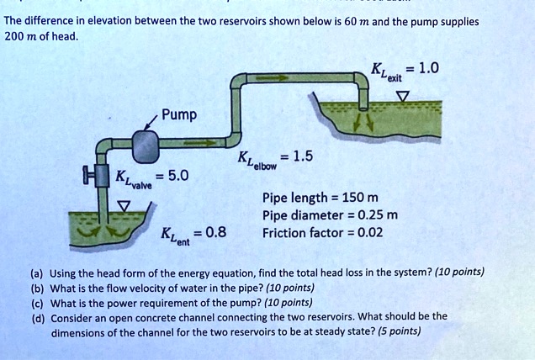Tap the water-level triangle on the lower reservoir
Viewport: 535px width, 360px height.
click(x=124, y=204)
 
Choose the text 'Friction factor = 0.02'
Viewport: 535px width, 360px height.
click(x=323, y=232)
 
